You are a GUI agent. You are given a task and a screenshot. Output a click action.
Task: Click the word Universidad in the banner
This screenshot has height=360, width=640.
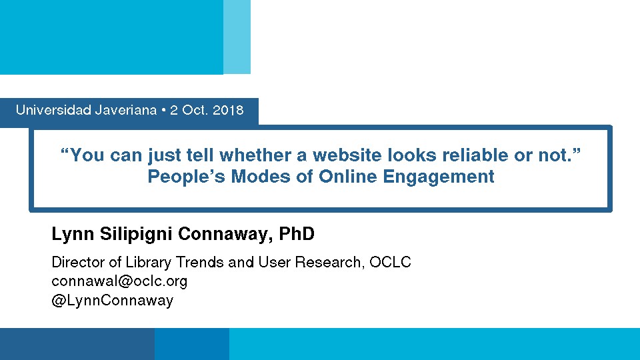click(x=53, y=110)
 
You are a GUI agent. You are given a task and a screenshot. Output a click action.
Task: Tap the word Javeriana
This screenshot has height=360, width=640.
click(x=126, y=110)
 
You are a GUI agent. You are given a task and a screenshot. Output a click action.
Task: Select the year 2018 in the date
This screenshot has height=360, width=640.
click(x=228, y=110)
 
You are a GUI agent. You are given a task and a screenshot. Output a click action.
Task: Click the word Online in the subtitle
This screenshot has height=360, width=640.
click(x=348, y=176)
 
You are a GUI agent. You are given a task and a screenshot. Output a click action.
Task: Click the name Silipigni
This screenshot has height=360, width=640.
click(x=136, y=234)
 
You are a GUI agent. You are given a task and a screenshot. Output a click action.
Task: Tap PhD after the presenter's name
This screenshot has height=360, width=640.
click(x=297, y=233)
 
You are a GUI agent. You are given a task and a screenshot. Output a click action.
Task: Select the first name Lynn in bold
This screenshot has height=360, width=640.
click(x=73, y=234)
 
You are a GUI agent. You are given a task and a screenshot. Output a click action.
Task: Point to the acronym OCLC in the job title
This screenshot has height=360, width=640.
click(x=390, y=262)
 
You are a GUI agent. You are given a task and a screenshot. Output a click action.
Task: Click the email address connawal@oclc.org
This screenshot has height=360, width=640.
click(x=119, y=281)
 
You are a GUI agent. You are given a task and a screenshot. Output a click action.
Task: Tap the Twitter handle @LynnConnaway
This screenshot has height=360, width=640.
click(x=113, y=301)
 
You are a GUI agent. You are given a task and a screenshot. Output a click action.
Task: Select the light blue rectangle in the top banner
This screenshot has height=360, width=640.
click(x=237, y=37)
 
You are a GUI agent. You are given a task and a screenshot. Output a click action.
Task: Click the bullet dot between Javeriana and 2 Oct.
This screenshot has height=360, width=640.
click(x=164, y=110)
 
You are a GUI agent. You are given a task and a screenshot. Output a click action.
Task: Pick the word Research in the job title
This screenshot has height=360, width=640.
click(x=329, y=262)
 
